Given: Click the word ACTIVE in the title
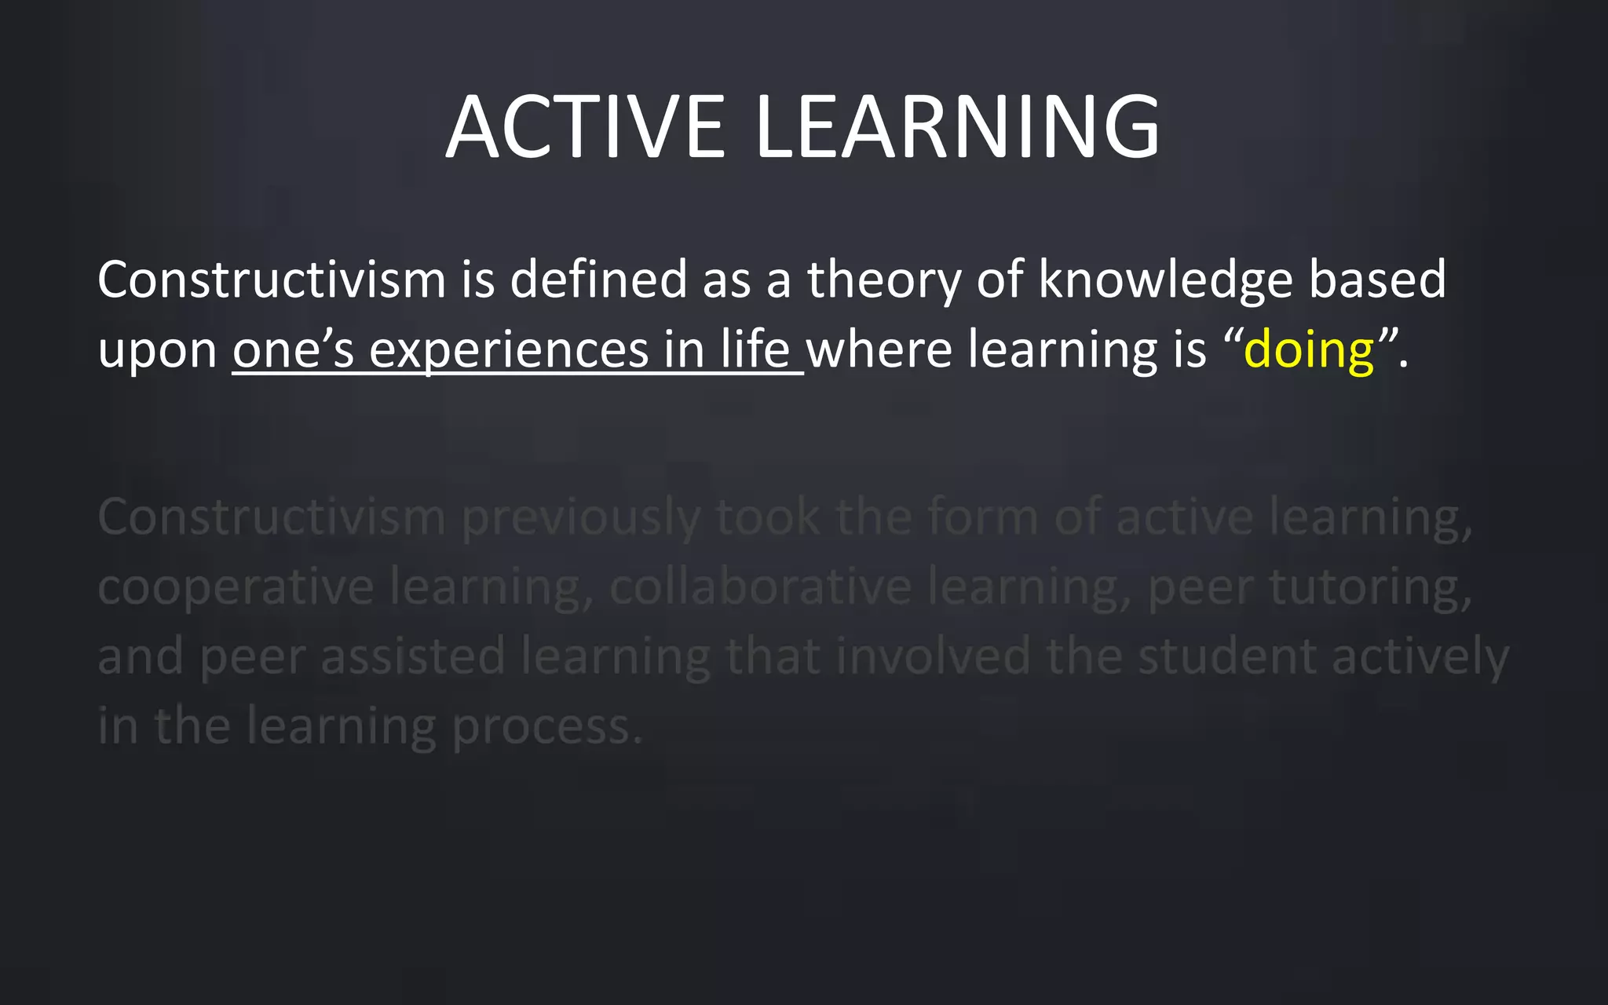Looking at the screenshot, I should click(585, 127).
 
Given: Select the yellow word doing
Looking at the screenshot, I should click(1309, 349).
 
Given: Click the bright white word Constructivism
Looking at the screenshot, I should click(272, 280).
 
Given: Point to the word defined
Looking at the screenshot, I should click(598, 280).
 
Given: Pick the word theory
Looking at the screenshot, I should click(884, 281).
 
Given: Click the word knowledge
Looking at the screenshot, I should click(1165, 281).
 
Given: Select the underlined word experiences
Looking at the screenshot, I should click(509, 351).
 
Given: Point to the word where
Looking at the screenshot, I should click(879, 349).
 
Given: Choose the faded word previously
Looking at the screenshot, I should click(580, 519).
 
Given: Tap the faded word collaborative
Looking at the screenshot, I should click(760, 587).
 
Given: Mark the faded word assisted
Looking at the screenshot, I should click(413, 656).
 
